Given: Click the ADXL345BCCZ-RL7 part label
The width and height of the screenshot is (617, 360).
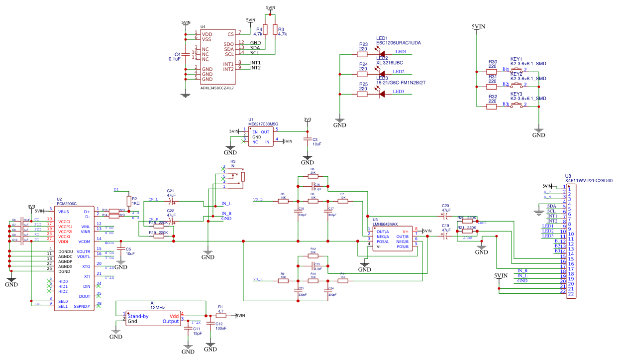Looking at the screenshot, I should [x=217, y=88].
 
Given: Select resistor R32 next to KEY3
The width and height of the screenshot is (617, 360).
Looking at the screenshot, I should [x=492, y=107].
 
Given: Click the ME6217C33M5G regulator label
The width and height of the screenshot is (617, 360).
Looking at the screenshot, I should [x=263, y=124].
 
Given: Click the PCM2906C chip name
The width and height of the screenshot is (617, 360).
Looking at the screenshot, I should [x=67, y=204].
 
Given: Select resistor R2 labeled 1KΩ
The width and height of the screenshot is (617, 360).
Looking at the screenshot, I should [x=128, y=201].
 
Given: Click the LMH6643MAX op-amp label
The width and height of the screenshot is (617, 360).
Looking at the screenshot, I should [x=385, y=224].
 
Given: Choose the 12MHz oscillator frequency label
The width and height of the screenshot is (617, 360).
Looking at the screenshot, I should [x=157, y=308].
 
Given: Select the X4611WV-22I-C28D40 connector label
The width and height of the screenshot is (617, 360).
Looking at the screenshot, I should [x=589, y=181].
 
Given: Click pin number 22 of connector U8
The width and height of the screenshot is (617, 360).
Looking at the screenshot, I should [x=570, y=294].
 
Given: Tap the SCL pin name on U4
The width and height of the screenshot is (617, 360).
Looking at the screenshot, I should [x=228, y=54].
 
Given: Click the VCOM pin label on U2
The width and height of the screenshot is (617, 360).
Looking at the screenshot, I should [x=84, y=241].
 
